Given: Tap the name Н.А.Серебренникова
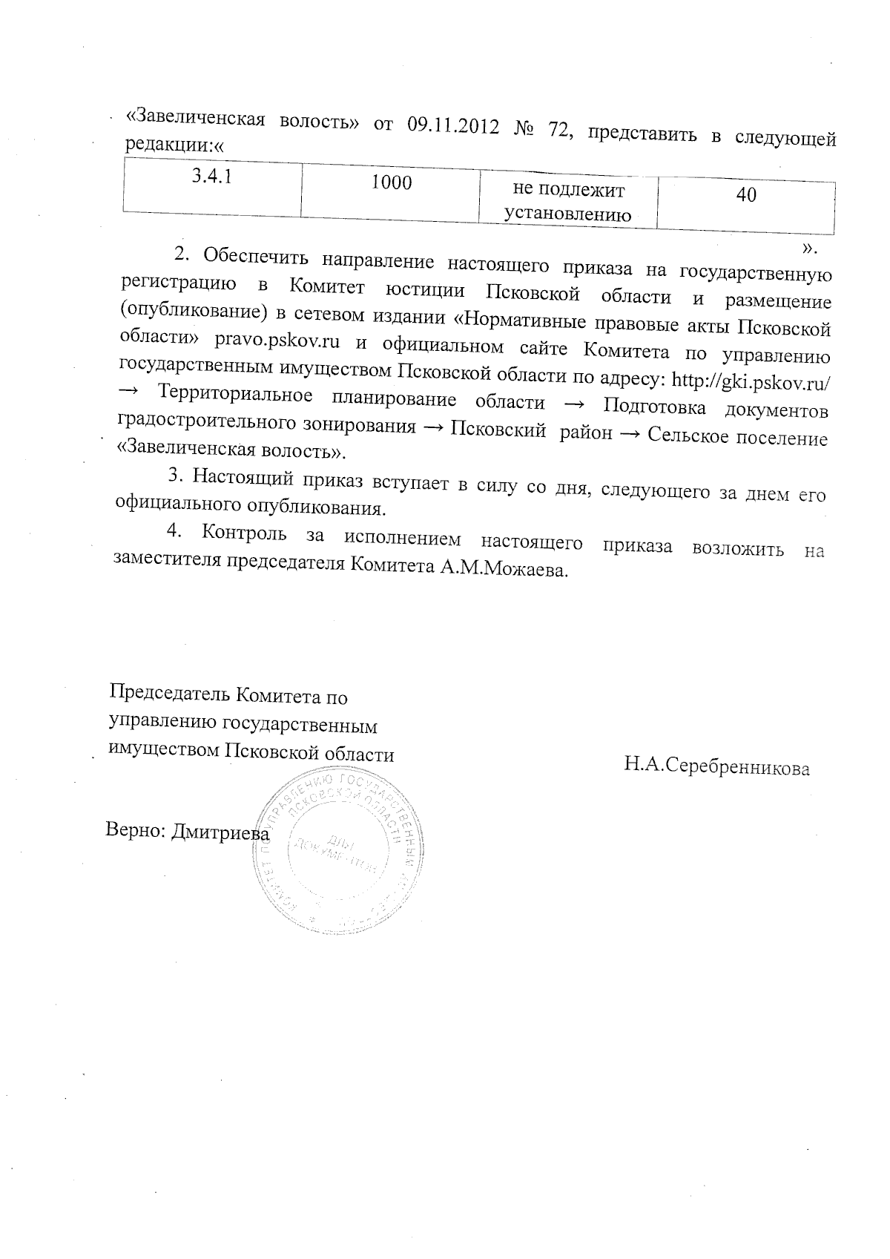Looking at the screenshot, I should pos(716,766).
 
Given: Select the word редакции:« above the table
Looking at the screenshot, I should pos(174,146).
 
